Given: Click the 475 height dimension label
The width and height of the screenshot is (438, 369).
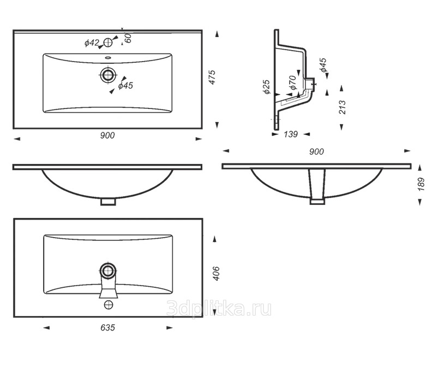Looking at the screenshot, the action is (212, 77).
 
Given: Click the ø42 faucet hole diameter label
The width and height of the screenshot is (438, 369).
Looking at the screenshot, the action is (92, 43).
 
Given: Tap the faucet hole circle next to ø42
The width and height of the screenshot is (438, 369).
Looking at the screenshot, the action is (108, 43).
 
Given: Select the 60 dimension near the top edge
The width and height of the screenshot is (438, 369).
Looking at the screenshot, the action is (128, 38).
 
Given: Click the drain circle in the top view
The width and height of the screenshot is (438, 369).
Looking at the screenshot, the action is (107, 75).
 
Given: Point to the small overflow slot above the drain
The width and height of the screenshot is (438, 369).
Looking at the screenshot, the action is (108, 58).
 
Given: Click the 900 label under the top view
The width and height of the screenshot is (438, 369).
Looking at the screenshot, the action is (107, 135).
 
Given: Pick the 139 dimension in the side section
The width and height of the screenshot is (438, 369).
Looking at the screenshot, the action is (291, 134).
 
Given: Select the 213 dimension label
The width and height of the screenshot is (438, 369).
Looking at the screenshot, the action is (342, 107).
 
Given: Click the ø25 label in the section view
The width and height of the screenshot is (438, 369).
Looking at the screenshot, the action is (267, 87).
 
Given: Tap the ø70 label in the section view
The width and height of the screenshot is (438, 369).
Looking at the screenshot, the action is (292, 83).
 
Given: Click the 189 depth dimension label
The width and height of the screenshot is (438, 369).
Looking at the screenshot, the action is (421, 184).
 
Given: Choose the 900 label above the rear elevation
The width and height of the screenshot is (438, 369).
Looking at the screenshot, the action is (316, 152).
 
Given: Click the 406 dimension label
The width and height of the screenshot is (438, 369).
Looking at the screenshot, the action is (216, 274).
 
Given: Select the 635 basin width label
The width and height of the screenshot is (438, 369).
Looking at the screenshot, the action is (107, 328).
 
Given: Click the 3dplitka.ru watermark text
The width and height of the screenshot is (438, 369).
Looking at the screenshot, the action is (219, 308).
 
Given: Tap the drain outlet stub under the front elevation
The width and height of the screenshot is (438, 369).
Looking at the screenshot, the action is (108, 202).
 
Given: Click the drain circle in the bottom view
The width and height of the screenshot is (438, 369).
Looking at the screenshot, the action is (108, 271).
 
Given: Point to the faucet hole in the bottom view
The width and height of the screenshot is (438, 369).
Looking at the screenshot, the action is (109, 305).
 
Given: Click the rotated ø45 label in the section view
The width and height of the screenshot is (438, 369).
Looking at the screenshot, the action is (323, 65).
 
